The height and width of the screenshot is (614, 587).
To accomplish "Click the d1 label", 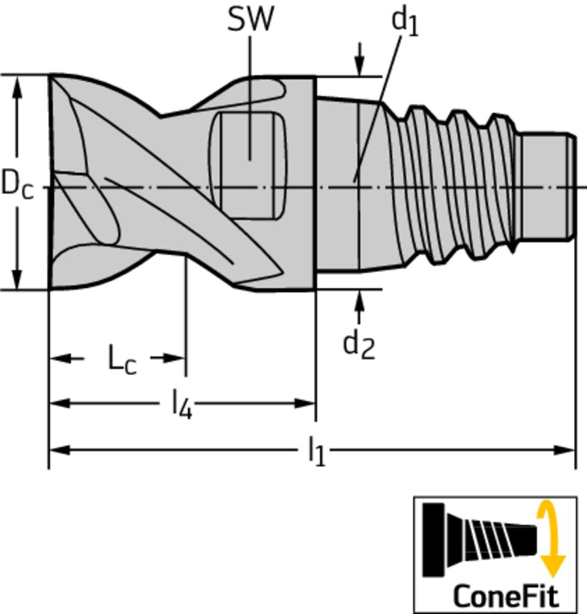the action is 405,23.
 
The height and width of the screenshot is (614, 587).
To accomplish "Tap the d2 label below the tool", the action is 359,345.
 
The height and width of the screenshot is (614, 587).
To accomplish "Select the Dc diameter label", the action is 17,184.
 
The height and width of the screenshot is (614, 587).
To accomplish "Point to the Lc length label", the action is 122,360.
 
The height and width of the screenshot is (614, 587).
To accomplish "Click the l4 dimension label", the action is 182,405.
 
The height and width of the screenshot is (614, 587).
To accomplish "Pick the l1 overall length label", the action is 317,451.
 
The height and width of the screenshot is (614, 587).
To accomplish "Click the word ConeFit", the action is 506,595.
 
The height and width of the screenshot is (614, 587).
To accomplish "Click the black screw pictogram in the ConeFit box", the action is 479,540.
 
